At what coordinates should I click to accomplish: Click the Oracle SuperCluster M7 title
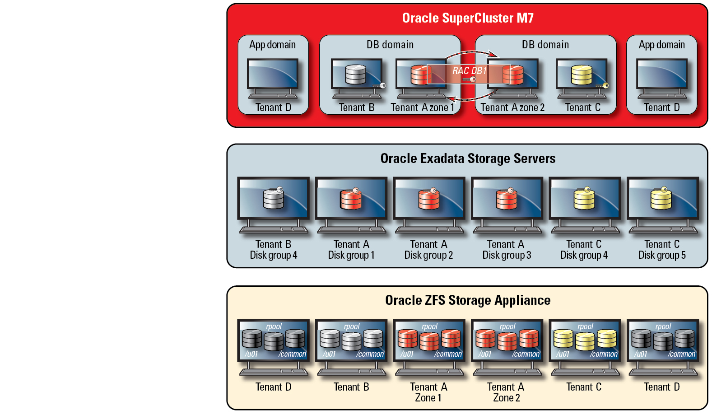pyautogui.click(x=468, y=18)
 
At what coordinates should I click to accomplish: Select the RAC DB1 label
pyautogui.click(x=470, y=71)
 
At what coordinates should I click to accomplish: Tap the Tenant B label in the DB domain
pyautogui.click(x=357, y=107)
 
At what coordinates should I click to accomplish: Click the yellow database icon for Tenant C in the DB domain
pyautogui.click(x=582, y=75)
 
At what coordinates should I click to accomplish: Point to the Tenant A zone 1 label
pyautogui.click(x=422, y=107)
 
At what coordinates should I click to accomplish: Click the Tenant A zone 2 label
pyautogui.click(x=512, y=107)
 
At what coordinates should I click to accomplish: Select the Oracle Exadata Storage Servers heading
pyautogui.click(x=468, y=159)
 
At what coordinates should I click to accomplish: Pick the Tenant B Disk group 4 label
pyautogui.click(x=274, y=250)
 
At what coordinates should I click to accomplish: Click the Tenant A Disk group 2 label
pyautogui.click(x=428, y=250)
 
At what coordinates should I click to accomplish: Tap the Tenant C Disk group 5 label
pyautogui.click(x=662, y=250)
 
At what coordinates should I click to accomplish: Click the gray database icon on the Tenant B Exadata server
pyautogui.click(x=274, y=199)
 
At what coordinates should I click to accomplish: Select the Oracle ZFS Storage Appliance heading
pyautogui.click(x=468, y=300)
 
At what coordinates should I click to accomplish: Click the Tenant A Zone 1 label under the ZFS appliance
pyautogui.click(x=428, y=392)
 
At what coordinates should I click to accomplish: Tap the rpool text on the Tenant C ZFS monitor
pyautogui.click(x=585, y=326)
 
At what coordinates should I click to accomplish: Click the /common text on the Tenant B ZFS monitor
pyautogui.click(x=370, y=354)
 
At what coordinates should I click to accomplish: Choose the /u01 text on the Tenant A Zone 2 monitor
pyautogui.click(x=485, y=354)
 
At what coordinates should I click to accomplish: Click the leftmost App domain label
pyautogui.click(x=272, y=45)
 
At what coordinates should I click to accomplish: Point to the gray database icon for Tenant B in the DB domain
pyautogui.click(x=356, y=75)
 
